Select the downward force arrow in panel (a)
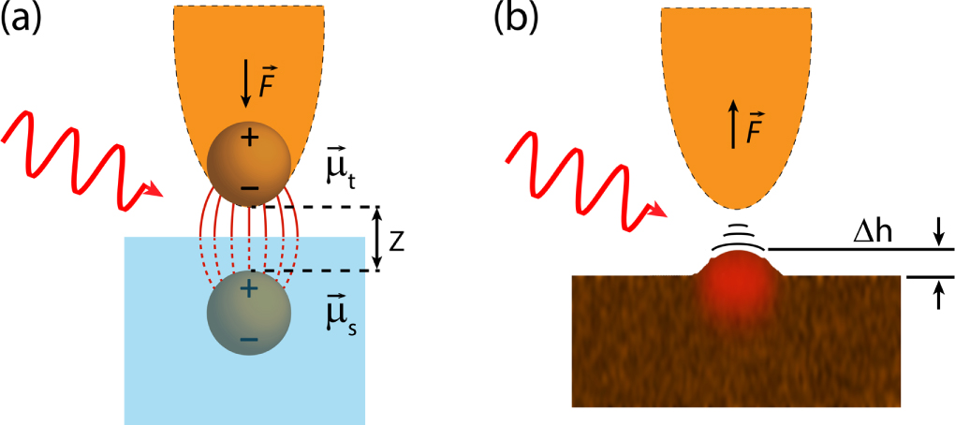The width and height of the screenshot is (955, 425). click(x=246, y=82)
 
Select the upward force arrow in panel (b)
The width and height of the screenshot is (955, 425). click(x=733, y=127)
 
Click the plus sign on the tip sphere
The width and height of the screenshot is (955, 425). click(x=249, y=139)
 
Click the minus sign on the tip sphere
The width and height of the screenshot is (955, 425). click(x=249, y=188)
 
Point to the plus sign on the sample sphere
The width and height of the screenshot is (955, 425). click(x=248, y=290)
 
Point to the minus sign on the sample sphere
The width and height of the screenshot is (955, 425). click(x=248, y=339)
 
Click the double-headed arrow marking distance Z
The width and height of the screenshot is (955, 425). click(x=375, y=239)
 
